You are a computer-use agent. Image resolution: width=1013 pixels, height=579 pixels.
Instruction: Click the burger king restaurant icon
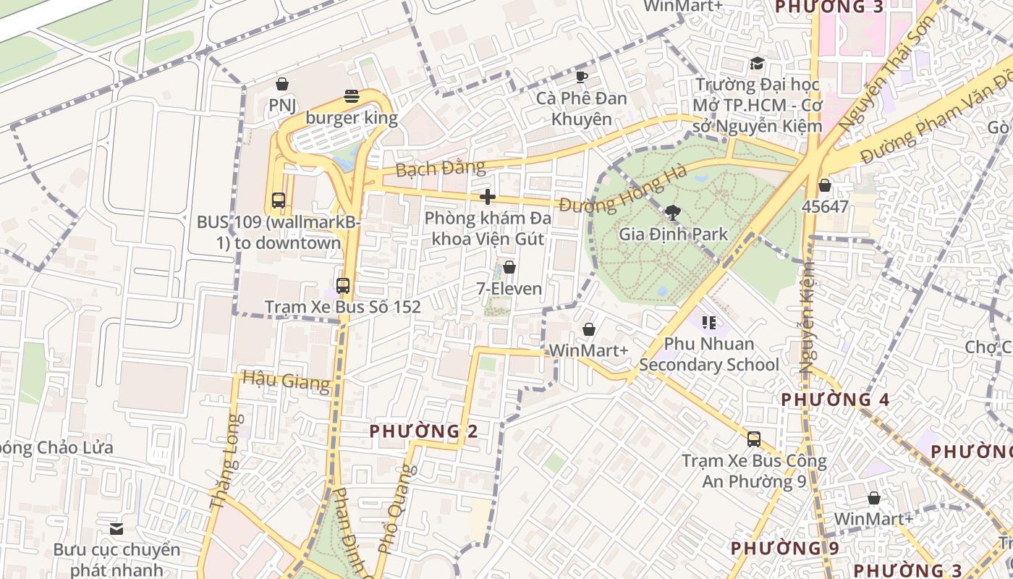pos(352,96)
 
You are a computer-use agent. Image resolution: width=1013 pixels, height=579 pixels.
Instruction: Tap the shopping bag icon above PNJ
pos(282,84)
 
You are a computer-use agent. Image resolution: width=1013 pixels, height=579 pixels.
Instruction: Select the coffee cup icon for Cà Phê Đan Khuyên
pos(581,77)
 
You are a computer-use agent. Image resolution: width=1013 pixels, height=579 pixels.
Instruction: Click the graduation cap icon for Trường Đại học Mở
pos(757,64)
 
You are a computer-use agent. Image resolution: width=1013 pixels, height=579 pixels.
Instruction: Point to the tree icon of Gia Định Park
pos(672,213)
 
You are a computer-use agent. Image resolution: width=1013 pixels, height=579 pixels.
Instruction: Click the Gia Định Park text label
pos(673,234)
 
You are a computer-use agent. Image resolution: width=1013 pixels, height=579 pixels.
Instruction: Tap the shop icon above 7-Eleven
pos(509,268)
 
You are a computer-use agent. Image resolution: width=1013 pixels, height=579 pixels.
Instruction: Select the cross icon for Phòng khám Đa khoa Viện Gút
pos(488,197)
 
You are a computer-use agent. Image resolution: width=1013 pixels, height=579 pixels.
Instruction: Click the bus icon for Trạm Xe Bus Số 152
pos(343,286)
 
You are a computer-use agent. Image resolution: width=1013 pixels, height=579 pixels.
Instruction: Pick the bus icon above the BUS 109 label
pos(279,200)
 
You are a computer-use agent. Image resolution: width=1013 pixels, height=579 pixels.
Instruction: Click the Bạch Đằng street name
pos(440,169)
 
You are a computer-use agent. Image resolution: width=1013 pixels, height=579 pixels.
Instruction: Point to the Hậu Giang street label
pos(286,380)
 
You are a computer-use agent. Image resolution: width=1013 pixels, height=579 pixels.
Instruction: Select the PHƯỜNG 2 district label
pos(423,432)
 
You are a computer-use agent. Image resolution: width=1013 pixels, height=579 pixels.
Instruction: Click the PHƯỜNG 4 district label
pos(835,400)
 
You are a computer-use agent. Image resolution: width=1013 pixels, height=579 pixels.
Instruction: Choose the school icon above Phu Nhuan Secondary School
pos(709,323)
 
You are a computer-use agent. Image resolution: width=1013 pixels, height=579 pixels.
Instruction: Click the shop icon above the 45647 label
pos(824,185)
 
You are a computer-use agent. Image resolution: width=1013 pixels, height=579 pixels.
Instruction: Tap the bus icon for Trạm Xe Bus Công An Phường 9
pos(754,439)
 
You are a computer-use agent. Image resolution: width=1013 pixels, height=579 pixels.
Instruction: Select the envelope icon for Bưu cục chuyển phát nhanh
pos(116,529)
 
